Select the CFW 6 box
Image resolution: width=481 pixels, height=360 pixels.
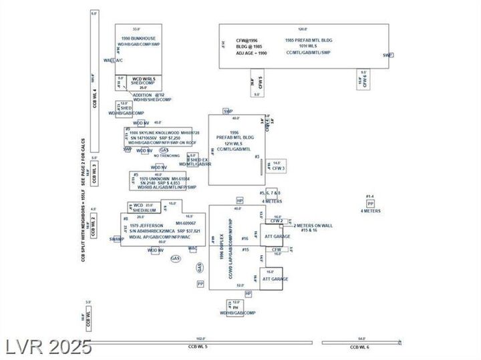364,80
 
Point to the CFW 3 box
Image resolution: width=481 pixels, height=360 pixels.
279,168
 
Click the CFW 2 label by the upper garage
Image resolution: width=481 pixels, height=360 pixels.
277,221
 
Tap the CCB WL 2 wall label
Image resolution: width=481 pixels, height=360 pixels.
94,225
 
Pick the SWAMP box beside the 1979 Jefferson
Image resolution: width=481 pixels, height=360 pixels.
117,238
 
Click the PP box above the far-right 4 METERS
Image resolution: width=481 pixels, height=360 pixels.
369,203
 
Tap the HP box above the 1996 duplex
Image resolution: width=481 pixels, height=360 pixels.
240,200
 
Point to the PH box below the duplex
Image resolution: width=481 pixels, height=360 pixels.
236,308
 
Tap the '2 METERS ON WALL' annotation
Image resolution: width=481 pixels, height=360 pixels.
313,226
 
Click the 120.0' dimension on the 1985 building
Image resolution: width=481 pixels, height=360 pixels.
302,29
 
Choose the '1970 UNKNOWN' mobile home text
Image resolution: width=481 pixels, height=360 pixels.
152,179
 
